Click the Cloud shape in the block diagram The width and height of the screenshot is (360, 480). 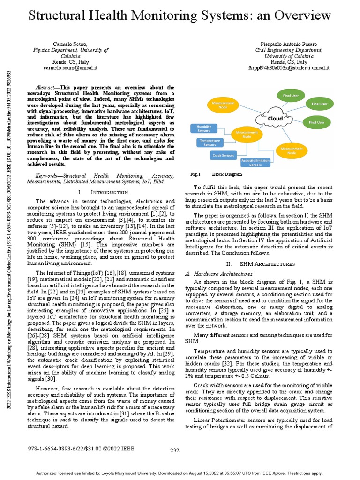(x=275, y=118)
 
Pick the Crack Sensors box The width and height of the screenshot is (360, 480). (x=223, y=155)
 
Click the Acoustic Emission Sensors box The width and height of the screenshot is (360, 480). (x=255, y=163)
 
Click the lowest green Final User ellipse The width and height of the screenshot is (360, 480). (x=316, y=122)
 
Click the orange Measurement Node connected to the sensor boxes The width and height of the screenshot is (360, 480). (x=247, y=135)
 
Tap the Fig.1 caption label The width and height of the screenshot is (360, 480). (x=195, y=174)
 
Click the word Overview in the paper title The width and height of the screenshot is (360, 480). (x=300, y=15)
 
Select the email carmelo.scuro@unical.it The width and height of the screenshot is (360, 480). (x=70, y=67)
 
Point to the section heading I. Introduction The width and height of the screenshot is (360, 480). (x=103, y=192)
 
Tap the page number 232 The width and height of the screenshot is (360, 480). (x=174, y=450)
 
